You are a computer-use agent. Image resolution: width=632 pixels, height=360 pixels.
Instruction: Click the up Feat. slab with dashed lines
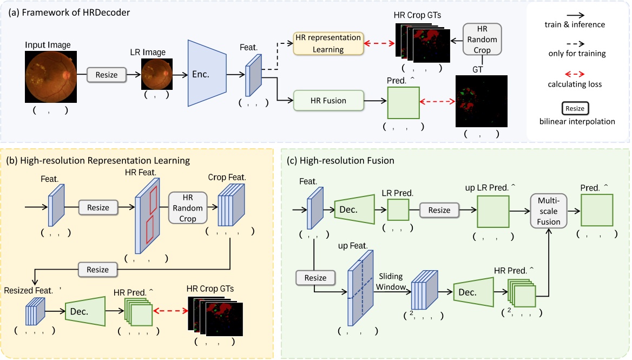pos(357,290)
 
